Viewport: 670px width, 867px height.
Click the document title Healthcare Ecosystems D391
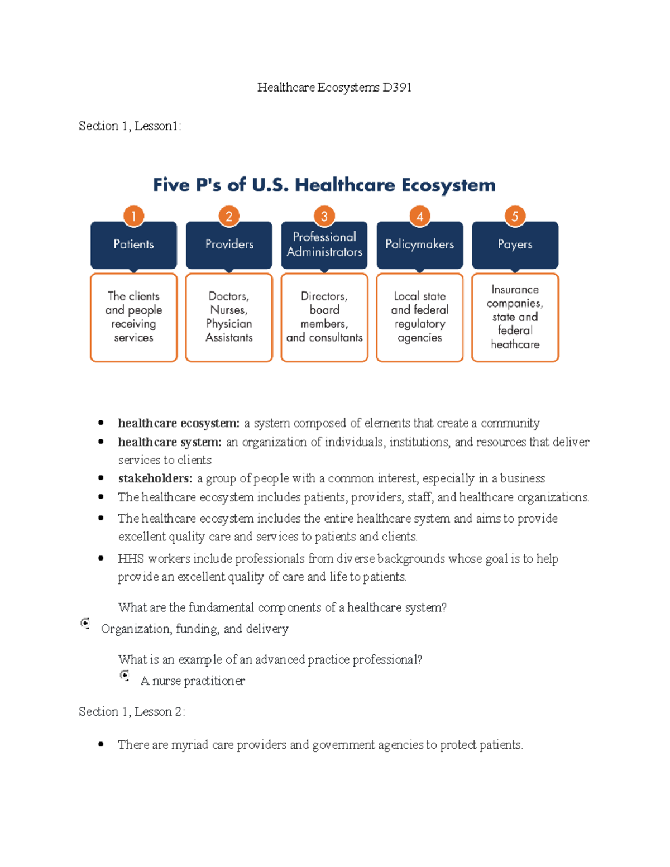click(334, 88)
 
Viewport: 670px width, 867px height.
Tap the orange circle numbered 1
click(133, 216)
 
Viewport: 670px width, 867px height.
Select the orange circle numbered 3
click(324, 216)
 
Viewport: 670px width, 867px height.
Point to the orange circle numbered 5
click(515, 216)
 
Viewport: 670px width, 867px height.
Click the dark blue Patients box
click(133, 245)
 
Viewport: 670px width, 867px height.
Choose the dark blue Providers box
click(229, 245)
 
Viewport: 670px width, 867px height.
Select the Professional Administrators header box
click(324, 245)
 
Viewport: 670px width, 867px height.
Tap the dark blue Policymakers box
click(419, 245)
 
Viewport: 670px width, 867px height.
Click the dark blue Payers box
click(515, 245)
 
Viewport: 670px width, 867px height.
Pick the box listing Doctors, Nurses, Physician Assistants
click(229, 317)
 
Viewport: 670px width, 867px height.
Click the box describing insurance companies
click(515, 317)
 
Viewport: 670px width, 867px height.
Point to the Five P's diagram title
click(324, 185)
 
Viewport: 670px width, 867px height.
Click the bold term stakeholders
click(155, 478)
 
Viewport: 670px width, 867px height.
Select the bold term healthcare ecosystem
click(178, 423)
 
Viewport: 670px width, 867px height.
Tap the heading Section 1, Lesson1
click(130, 126)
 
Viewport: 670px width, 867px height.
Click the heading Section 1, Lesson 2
click(132, 712)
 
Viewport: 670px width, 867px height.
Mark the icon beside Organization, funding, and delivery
click(85, 624)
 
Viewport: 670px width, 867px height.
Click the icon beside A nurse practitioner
click(125, 676)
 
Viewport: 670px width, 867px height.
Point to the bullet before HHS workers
click(101, 558)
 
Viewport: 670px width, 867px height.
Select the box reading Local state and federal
click(419, 317)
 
